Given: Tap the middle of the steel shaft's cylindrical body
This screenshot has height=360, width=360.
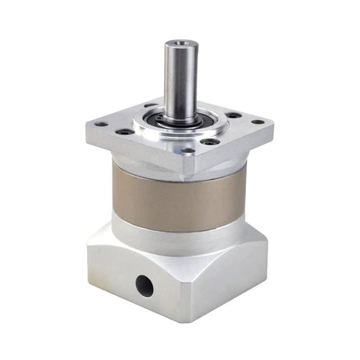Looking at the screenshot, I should pyautogui.click(x=181, y=79).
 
